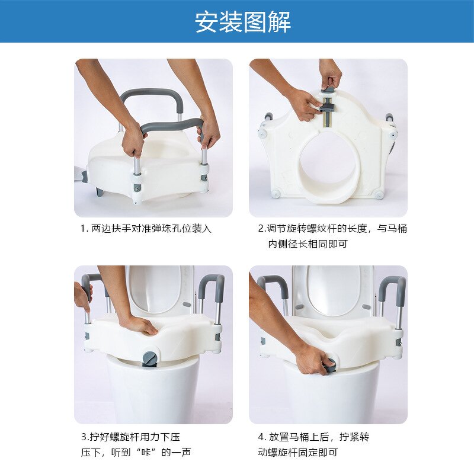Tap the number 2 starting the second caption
pos(261,229)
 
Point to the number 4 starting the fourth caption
pos(261,437)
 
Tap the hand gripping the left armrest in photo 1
pos(133,140)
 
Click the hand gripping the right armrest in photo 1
pos(208,133)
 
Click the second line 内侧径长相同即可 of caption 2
pos(308,244)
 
